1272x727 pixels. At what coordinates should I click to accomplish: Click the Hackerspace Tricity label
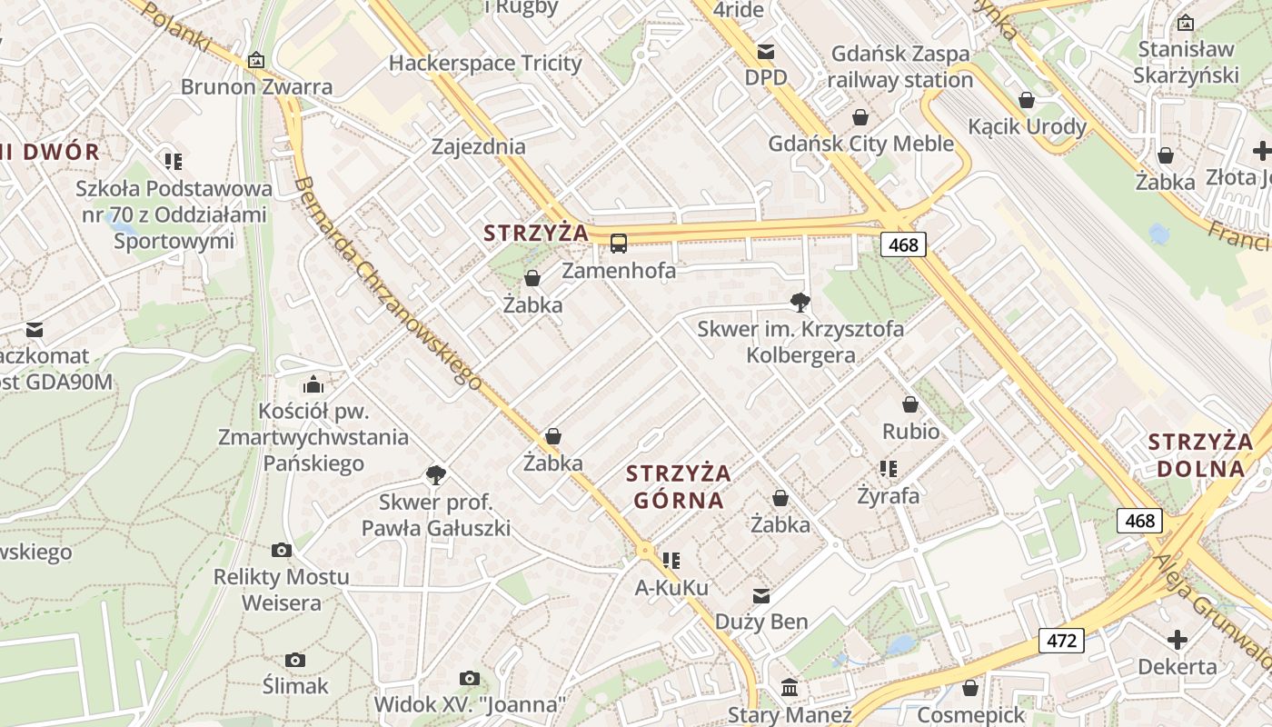[x=484, y=63]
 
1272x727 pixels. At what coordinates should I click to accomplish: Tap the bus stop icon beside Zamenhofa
[x=619, y=243]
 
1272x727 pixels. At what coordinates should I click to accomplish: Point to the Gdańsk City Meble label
[x=860, y=144]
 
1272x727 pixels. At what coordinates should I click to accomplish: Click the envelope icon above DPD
[x=766, y=51]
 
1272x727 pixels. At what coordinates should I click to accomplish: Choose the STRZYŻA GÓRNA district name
[x=679, y=486]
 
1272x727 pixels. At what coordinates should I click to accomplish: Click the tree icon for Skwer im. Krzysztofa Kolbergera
[x=800, y=302]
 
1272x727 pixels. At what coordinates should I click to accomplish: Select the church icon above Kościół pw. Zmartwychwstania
[x=313, y=384]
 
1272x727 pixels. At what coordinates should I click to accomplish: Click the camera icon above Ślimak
[x=295, y=660]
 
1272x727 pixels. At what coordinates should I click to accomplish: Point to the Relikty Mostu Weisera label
[x=281, y=590]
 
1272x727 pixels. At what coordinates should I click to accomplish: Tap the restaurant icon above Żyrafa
[x=889, y=469]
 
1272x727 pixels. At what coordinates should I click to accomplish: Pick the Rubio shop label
[x=910, y=431]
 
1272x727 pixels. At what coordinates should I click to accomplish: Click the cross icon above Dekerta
[x=1178, y=640]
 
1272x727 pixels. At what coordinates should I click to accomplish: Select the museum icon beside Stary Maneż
[x=790, y=687]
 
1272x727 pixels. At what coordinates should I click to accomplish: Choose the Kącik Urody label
[x=1027, y=126]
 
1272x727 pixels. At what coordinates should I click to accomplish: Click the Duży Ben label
[x=761, y=622]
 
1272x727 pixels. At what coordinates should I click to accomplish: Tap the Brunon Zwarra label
[x=256, y=87]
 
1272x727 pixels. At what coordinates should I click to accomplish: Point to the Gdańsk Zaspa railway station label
[x=900, y=66]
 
